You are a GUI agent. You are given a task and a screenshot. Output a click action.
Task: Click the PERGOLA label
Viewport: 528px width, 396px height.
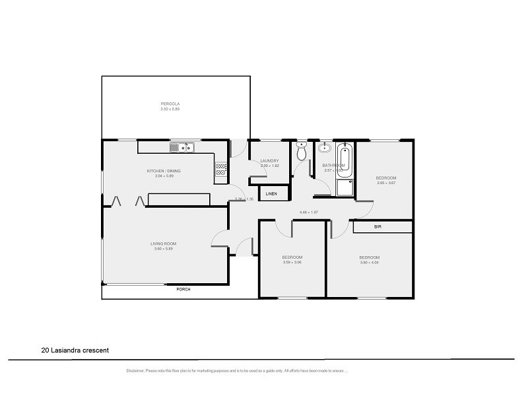pos(170,104)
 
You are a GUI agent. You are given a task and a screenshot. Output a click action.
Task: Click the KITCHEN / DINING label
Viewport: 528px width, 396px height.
pos(164,171)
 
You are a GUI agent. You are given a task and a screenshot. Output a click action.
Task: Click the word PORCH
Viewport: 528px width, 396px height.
pos(183,289)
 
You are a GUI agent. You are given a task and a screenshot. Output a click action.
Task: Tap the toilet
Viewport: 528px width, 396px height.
pos(302,152)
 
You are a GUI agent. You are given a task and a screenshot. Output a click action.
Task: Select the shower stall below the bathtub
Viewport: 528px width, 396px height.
pos(344,188)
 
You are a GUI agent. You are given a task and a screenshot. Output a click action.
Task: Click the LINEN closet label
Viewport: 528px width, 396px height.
pos(272,194)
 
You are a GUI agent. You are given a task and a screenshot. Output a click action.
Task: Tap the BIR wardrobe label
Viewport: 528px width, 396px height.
pos(378,227)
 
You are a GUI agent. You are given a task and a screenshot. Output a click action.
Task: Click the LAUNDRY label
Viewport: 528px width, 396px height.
pos(269,160)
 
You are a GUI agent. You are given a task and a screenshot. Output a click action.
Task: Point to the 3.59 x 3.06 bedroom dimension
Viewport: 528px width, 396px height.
pos(292,262)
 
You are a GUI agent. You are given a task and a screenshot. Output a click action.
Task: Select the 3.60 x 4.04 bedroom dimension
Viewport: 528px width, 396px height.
pos(369,262)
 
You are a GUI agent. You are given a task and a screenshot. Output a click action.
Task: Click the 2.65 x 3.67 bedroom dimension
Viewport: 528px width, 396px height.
pos(386,183)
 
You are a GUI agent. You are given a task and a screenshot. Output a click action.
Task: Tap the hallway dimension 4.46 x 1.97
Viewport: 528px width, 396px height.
pos(309,213)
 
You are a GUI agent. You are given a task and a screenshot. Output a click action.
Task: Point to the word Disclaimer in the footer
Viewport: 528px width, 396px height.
pos(137,371)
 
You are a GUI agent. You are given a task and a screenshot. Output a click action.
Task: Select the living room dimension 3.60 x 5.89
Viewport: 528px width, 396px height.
pos(163,249)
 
